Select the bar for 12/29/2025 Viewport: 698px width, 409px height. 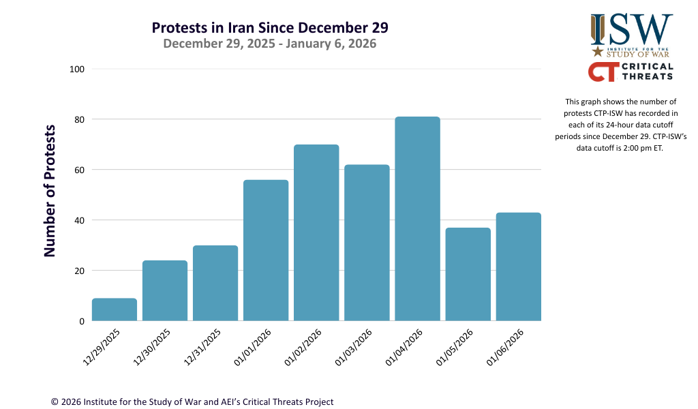click(x=115, y=309)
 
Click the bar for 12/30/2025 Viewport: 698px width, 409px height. click(x=165, y=290)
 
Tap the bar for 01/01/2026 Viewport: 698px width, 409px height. click(x=266, y=250)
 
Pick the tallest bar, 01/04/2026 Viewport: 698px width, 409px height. click(x=417, y=219)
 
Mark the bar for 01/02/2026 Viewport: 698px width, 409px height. click(x=316, y=232)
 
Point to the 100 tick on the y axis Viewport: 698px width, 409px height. click(x=76, y=70)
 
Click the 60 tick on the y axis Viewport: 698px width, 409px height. click(x=79, y=170)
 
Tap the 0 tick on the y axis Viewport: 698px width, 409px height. click(x=81, y=321)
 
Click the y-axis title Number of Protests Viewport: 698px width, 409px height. click(x=50, y=191)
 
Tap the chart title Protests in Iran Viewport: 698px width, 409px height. click(x=270, y=28)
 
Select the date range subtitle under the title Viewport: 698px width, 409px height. click(x=270, y=44)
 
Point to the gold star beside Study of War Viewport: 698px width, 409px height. click(x=598, y=51)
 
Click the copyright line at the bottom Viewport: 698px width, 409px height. click(x=192, y=402)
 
